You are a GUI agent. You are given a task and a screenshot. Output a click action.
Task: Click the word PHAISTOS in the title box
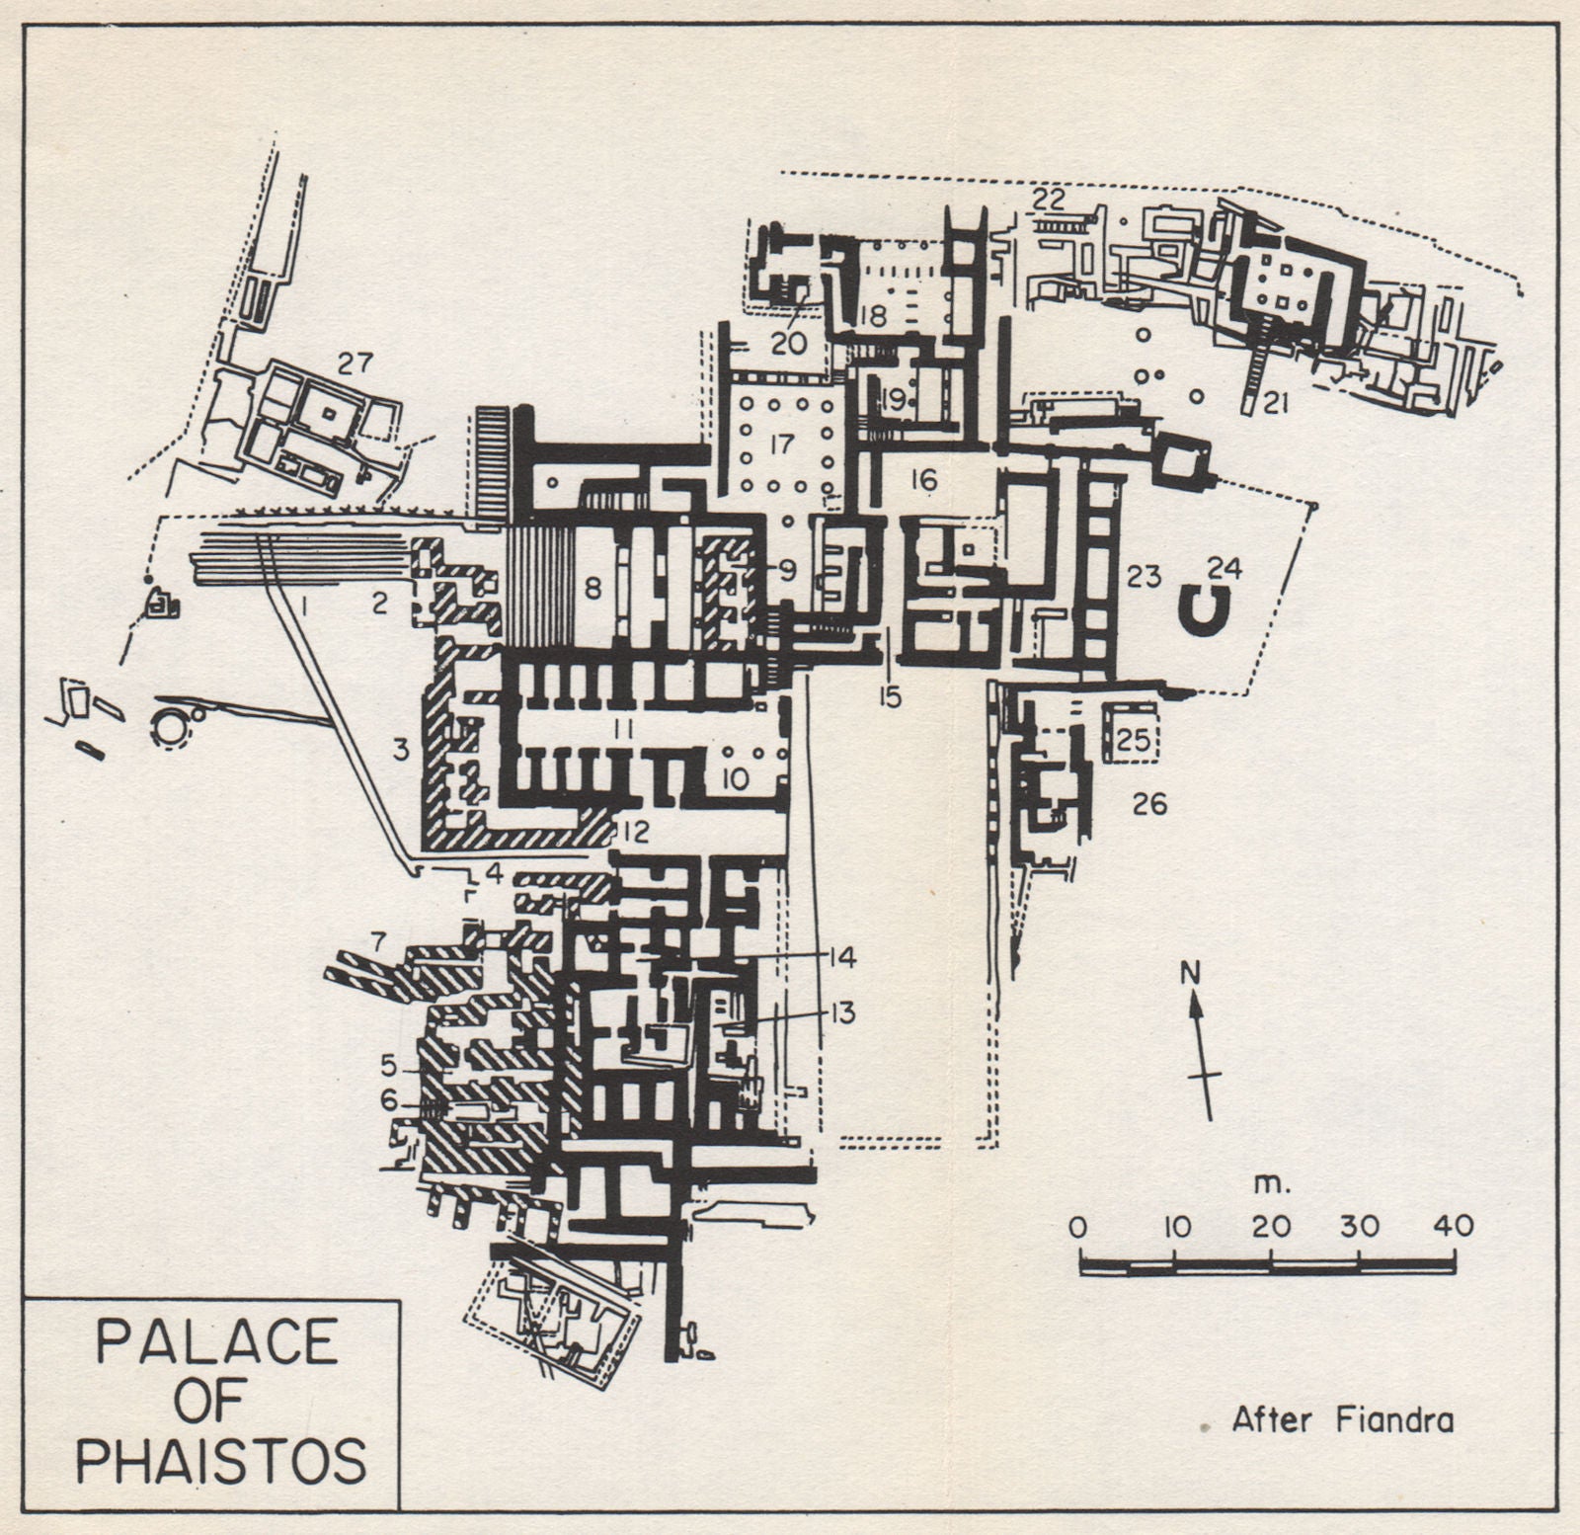(x=221, y=1460)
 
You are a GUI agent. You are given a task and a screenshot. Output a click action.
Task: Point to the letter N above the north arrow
(x=1191, y=973)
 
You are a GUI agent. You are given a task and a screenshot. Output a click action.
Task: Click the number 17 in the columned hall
(x=780, y=444)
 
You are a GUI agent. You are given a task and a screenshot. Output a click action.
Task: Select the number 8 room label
(x=592, y=589)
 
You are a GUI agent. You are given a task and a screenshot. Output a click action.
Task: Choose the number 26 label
(x=1149, y=804)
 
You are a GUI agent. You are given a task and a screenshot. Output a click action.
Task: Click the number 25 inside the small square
(x=1132, y=740)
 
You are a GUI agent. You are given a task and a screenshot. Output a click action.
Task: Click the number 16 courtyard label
(x=922, y=480)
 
